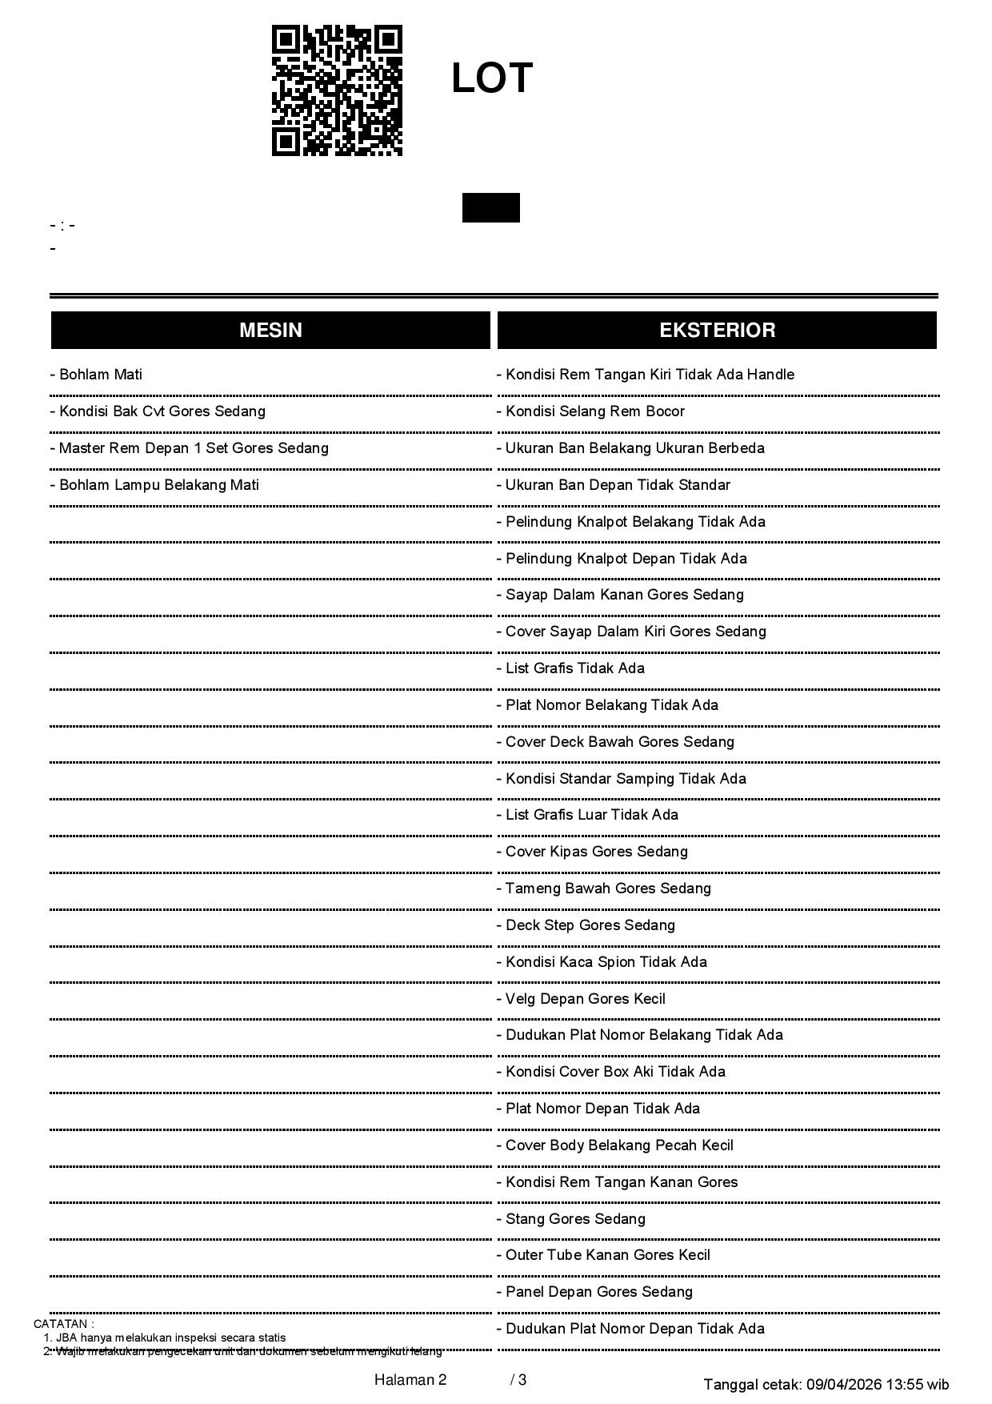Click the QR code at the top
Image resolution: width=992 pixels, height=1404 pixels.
(337, 90)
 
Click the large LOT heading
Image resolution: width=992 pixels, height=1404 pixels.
(492, 78)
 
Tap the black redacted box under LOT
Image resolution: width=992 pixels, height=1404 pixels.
(490, 207)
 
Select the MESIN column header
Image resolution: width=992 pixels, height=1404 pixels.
(270, 330)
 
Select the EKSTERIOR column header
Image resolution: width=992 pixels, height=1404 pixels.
(717, 330)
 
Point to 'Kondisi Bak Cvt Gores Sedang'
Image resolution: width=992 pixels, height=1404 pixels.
(158, 411)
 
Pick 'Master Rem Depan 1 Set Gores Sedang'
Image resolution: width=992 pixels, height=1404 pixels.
(189, 448)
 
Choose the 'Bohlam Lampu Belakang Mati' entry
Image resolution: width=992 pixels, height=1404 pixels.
(154, 485)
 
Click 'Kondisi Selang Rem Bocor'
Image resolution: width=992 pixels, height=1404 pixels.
(590, 411)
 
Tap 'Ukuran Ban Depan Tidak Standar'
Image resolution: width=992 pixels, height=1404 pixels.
(613, 485)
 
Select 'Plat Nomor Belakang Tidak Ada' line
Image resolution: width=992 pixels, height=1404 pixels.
(607, 705)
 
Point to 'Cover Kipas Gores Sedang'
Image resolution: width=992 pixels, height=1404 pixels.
(592, 852)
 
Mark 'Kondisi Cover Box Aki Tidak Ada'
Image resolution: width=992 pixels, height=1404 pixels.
(610, 1072)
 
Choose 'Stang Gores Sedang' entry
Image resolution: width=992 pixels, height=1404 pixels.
(570, 1219)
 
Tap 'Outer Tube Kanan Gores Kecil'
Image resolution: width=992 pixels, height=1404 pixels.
(603, 1255)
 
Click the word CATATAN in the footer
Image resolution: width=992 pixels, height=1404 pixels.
(63, 1324)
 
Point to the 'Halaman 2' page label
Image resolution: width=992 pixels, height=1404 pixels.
(410, 1380)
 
